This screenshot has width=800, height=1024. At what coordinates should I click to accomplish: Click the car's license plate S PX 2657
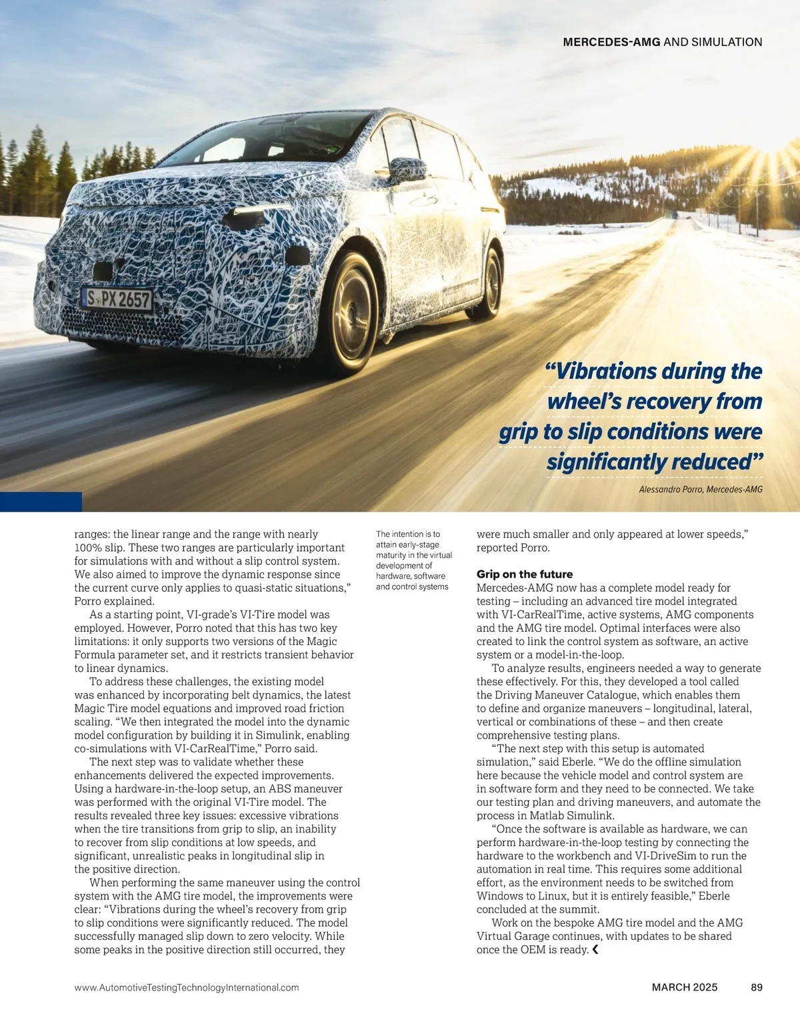pos(118,299)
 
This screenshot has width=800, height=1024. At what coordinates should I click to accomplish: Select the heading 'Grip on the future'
pos(524,574)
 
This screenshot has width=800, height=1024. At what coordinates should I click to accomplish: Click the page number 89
pos(756,987)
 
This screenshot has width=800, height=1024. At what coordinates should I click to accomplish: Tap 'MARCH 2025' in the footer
pos(685,987)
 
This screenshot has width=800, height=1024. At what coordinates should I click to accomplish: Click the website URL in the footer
pos(187,987)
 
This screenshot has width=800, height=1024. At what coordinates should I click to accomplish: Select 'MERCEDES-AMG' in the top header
pos(611,42)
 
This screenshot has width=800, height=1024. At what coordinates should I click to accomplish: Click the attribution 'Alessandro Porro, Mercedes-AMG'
pos(700,490)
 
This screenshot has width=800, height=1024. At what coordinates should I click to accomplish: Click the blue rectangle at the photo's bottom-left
pos(41,502)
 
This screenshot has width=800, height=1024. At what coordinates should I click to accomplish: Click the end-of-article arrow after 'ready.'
pos(595,949)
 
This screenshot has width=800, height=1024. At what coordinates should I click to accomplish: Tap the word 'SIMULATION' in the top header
pos(727,42)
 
